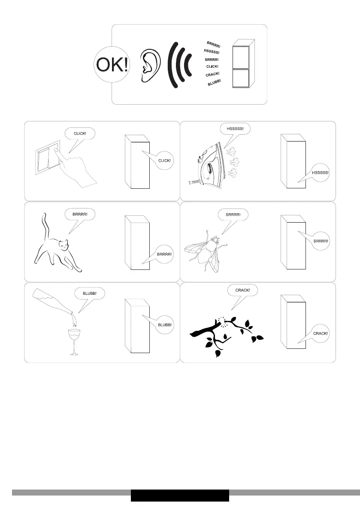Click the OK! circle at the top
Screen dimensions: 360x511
[x=112, y=64]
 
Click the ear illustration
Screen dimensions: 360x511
[x=151, y=66]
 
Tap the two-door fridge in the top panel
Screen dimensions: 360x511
[x=243, y=63]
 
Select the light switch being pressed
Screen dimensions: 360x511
[x=48, y=157]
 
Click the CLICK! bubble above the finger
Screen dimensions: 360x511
[x=80, y=133]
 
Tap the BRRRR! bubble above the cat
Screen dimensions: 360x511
[x=80, y=215]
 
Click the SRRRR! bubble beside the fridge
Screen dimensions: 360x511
[x=321, y=241]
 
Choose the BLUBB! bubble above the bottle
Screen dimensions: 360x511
[x=90, y=293]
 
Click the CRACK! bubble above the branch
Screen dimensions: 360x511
[x=243, y=290]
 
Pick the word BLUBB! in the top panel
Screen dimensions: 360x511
[x=215, y=82]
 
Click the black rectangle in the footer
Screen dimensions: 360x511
[x=180, y=496]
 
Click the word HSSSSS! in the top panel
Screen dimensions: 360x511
[x=212, y=51]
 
